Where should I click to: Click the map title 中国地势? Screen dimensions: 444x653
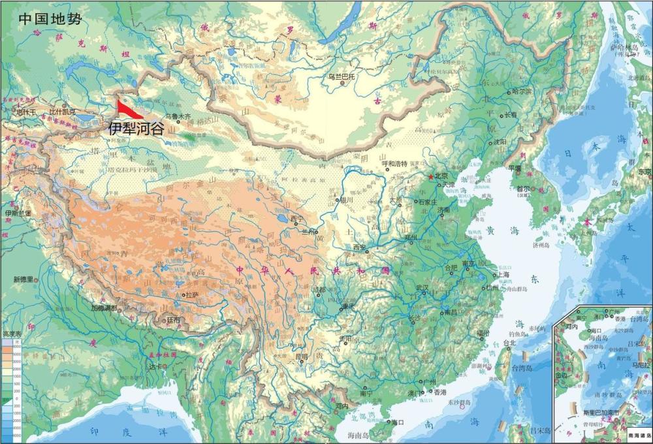click(50, 18)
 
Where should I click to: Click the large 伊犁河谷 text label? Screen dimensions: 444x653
click(136, 128)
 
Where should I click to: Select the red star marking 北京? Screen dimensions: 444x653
click(430, 177)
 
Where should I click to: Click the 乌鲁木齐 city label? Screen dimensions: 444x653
click(178, 117)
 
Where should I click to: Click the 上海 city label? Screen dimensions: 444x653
click(503, 275)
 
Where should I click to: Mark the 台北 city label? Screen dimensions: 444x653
click(510, 342)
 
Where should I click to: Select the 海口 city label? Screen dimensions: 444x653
click(398, 422)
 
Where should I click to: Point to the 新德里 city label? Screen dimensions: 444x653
click(22, 279)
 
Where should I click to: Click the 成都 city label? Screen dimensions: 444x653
click(318, 289)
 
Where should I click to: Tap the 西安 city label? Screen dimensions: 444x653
click(360, 247)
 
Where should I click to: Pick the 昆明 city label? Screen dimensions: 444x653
click(301, 357)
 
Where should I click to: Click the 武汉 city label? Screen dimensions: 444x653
click(422, 287)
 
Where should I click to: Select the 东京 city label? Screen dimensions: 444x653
click(645, 172)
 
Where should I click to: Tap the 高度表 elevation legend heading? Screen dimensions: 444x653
click(12, 334)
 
